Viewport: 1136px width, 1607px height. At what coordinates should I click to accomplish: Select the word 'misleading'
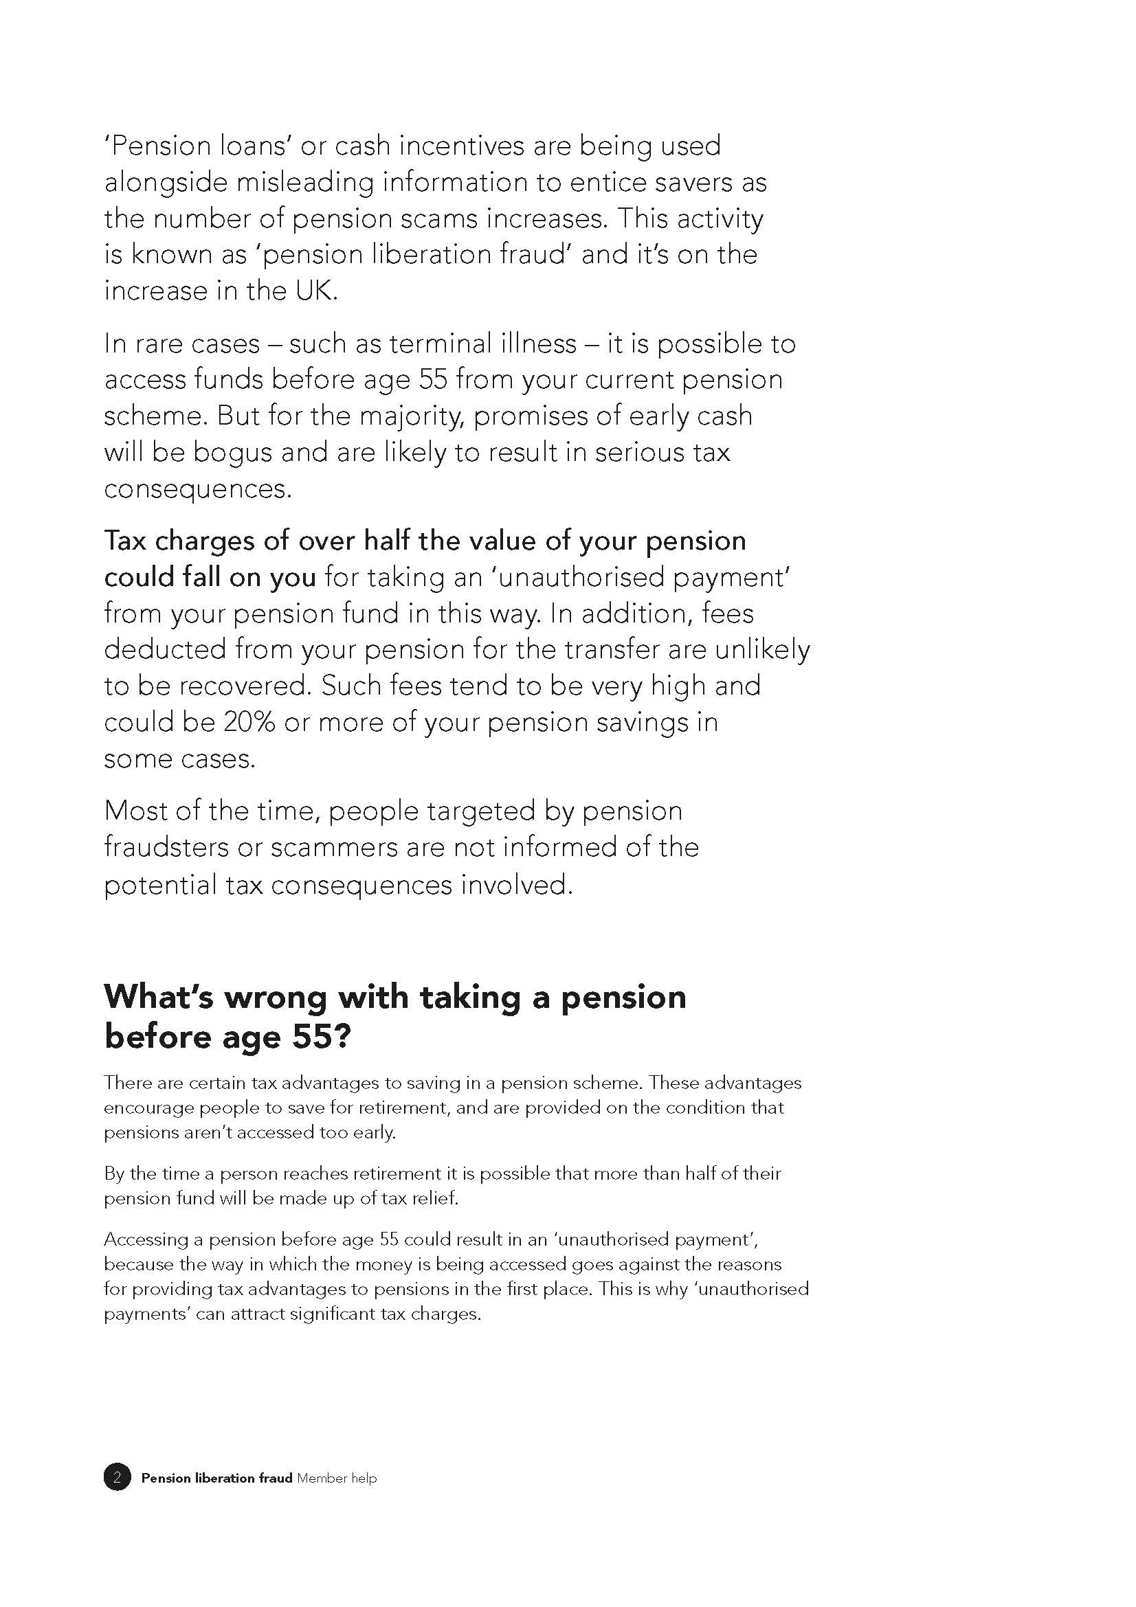click(305, 182)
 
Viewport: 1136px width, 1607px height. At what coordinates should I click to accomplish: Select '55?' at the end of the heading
click(320, 1037)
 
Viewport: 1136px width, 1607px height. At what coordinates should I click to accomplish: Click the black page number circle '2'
click(118, 1478)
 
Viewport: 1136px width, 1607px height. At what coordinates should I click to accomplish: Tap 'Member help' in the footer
click(337, 1479)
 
